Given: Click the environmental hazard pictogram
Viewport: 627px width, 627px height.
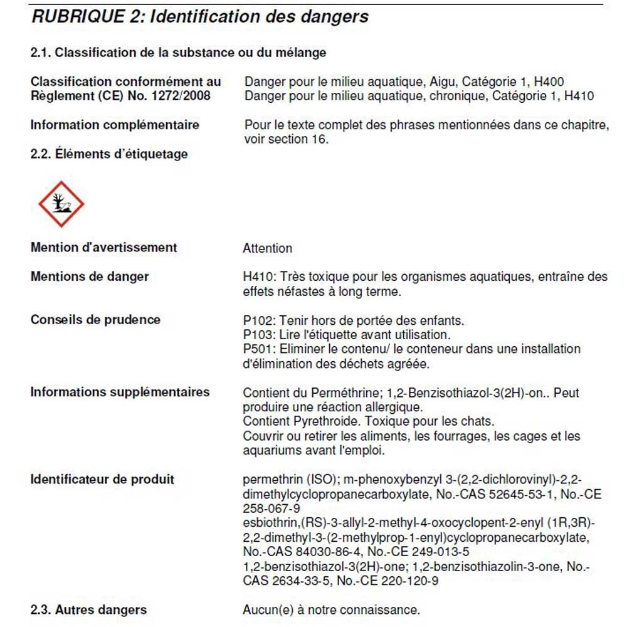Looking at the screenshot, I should (x=61, y=204).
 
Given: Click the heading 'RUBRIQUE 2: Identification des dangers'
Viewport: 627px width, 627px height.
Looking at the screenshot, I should (x=199, y=17).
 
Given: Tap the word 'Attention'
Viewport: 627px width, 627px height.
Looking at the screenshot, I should (x=268, y=248).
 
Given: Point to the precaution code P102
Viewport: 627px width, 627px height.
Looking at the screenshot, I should (x=258, y=321).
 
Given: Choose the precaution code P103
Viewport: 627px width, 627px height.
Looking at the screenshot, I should (x=258, y=335).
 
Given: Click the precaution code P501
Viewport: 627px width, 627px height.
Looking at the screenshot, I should (x=258, y=349).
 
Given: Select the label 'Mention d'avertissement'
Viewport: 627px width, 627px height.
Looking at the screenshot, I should (x=103, y=248).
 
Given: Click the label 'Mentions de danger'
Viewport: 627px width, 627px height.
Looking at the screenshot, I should (x=90, y=277).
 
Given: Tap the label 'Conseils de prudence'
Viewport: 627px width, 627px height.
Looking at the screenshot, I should (x=95, y=320).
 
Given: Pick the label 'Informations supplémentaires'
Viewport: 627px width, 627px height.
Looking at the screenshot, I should (x=120, y=393).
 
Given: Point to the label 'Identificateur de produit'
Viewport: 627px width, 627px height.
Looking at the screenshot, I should (x=102, y=480).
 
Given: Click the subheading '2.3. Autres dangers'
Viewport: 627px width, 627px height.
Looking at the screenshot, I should (x=88, y=609).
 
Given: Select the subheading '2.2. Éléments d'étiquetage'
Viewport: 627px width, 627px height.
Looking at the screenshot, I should (x=109, y=154).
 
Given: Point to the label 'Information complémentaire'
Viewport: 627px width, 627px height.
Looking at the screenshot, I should (x=115, y=125).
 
